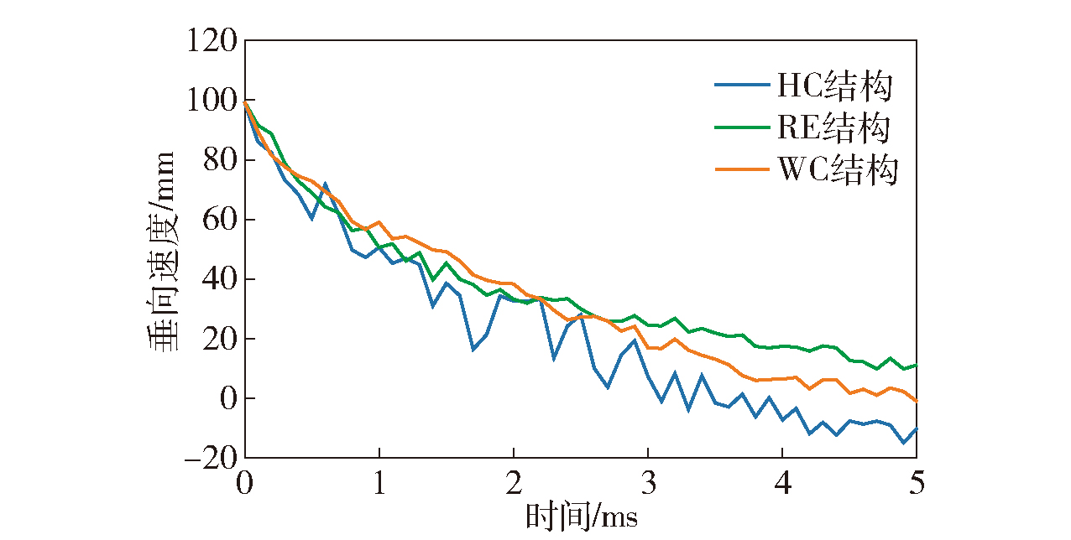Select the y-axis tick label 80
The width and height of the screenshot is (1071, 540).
pyautogui.click(x=216, y=160)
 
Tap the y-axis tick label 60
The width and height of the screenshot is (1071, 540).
pyautogui.click(x=216, y=220)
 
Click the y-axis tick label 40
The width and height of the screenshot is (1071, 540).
pyautogui.click(x=216, y=279)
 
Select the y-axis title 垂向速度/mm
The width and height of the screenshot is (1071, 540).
pyautogui.click(x=161, y=252)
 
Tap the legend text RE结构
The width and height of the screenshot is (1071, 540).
pyautogui.click(x=833, y=128)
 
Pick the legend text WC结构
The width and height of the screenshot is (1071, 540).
pyautogui.click(x=837, y=170)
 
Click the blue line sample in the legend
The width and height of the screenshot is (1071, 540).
pyautogui.click(x=741, y=85)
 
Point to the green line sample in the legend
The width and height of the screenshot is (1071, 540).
pyautogui.click(x=741, y=127)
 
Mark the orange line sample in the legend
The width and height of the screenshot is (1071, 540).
pyautogui.click(x=741, y=170)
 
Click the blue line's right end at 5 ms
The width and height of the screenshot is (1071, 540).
pyautogui.click(x=916, y=428)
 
